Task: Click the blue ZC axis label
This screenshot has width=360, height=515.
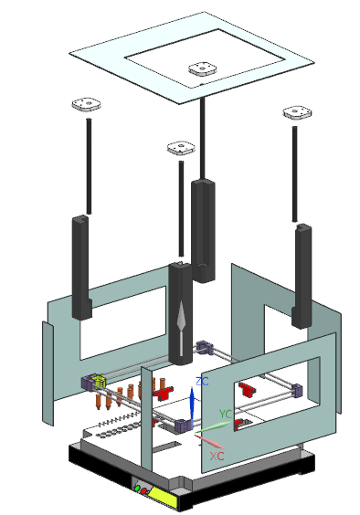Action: point(202,382)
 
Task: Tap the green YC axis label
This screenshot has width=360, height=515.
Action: point(226,415)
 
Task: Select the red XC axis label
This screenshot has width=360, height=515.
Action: point(217,456)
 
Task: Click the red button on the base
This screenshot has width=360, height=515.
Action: point(143,491)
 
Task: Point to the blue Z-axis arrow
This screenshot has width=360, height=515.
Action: point(192,408)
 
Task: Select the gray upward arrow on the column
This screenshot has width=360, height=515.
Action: point(181,329)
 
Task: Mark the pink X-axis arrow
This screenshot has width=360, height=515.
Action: point(209,441)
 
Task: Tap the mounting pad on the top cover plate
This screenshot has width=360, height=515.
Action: point(203,69)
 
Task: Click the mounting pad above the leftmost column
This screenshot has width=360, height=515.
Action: point(87,105)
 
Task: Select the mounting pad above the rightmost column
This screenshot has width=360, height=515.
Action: point(297,112)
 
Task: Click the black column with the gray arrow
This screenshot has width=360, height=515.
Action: point(180,314)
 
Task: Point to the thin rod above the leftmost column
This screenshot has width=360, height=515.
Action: point(89,166)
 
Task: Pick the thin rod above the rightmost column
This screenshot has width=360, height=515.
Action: point(295,174)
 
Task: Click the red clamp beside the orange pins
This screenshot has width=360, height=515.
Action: point(164,393)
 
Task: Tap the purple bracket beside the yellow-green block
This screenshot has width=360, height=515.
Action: point(88,383)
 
